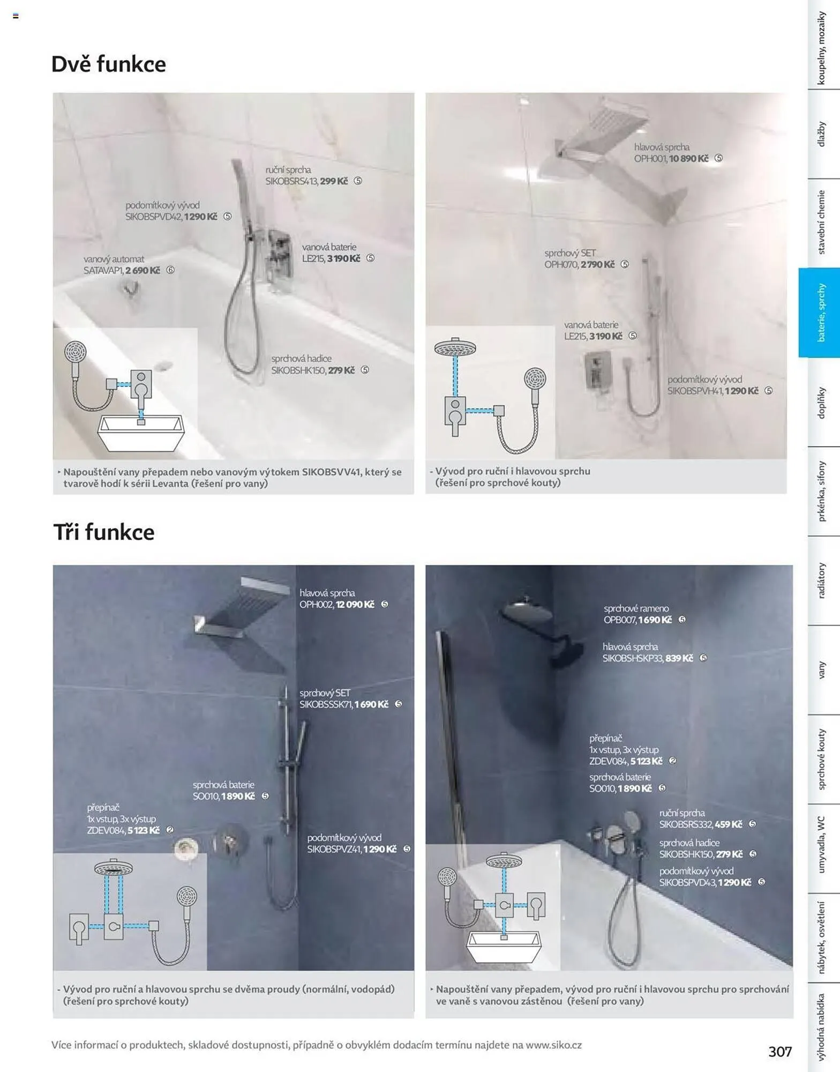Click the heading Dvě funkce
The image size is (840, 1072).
click(109, 64)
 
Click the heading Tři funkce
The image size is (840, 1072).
click(104, 532)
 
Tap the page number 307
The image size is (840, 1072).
click(779, 1051)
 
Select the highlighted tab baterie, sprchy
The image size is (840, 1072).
click(820, 312)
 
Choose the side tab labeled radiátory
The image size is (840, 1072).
click(821, 580)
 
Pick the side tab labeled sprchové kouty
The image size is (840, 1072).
click(821, 759)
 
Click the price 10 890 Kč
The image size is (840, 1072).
click(688, 159)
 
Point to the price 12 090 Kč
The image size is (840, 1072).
click(355, 605)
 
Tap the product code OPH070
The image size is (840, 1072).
click(561, 265)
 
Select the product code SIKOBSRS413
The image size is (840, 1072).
click(291, 182)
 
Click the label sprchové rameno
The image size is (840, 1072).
click(636, 608)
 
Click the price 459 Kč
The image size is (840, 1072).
click(728, 824)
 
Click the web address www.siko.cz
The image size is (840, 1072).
click(553, 1045)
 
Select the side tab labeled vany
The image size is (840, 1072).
click(821, 670)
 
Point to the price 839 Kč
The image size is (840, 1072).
click(679, 658)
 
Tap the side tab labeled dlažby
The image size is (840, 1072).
click(821, 134)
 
